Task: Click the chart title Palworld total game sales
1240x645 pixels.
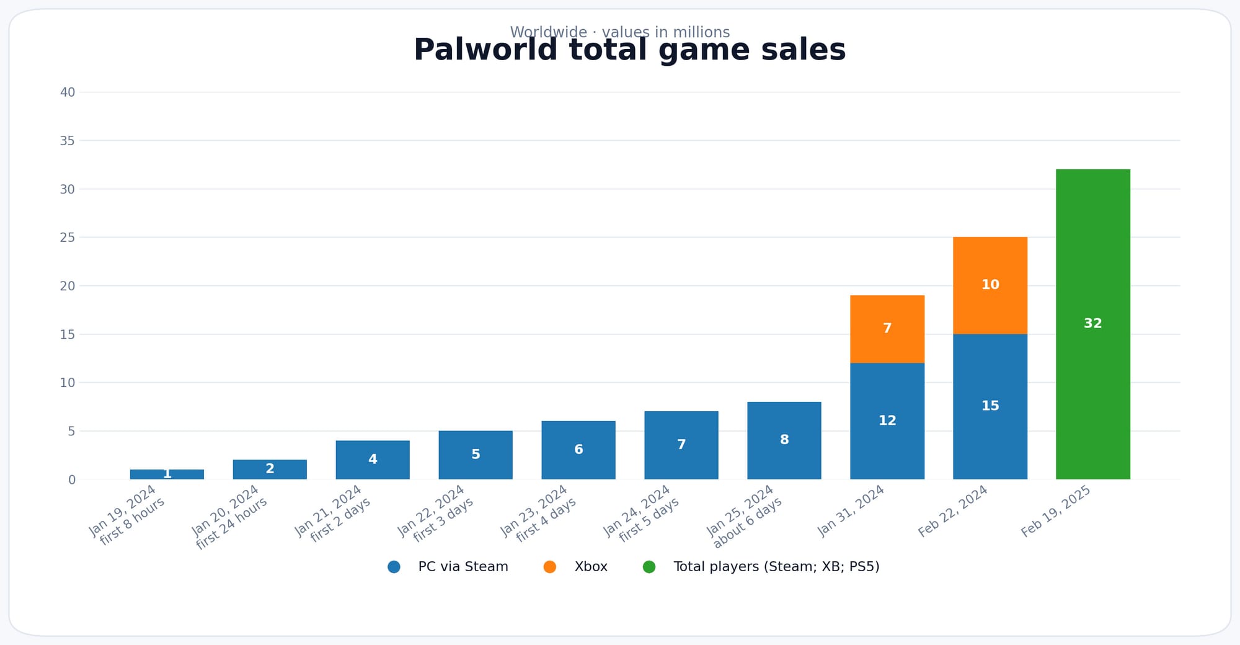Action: click(x=629, y=51)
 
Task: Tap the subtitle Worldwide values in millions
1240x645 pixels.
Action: click(x=619, y=31)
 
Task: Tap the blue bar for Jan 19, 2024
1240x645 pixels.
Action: click(x=166, y=474)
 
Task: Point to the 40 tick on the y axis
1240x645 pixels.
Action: click(x=68, y=92)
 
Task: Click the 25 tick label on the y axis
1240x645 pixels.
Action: click(x=68, y=238)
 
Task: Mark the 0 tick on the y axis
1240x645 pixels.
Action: click(x=72, y=479)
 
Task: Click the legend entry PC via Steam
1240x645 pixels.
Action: click(x=463, y=567)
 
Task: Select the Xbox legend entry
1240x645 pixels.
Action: click(x=590, y=567)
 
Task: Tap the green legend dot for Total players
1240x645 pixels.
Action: click(x=649, y=567)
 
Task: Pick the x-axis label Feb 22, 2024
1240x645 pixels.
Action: click(x=953, y=511)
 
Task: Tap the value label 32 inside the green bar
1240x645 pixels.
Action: click(x=1092, y=323)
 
